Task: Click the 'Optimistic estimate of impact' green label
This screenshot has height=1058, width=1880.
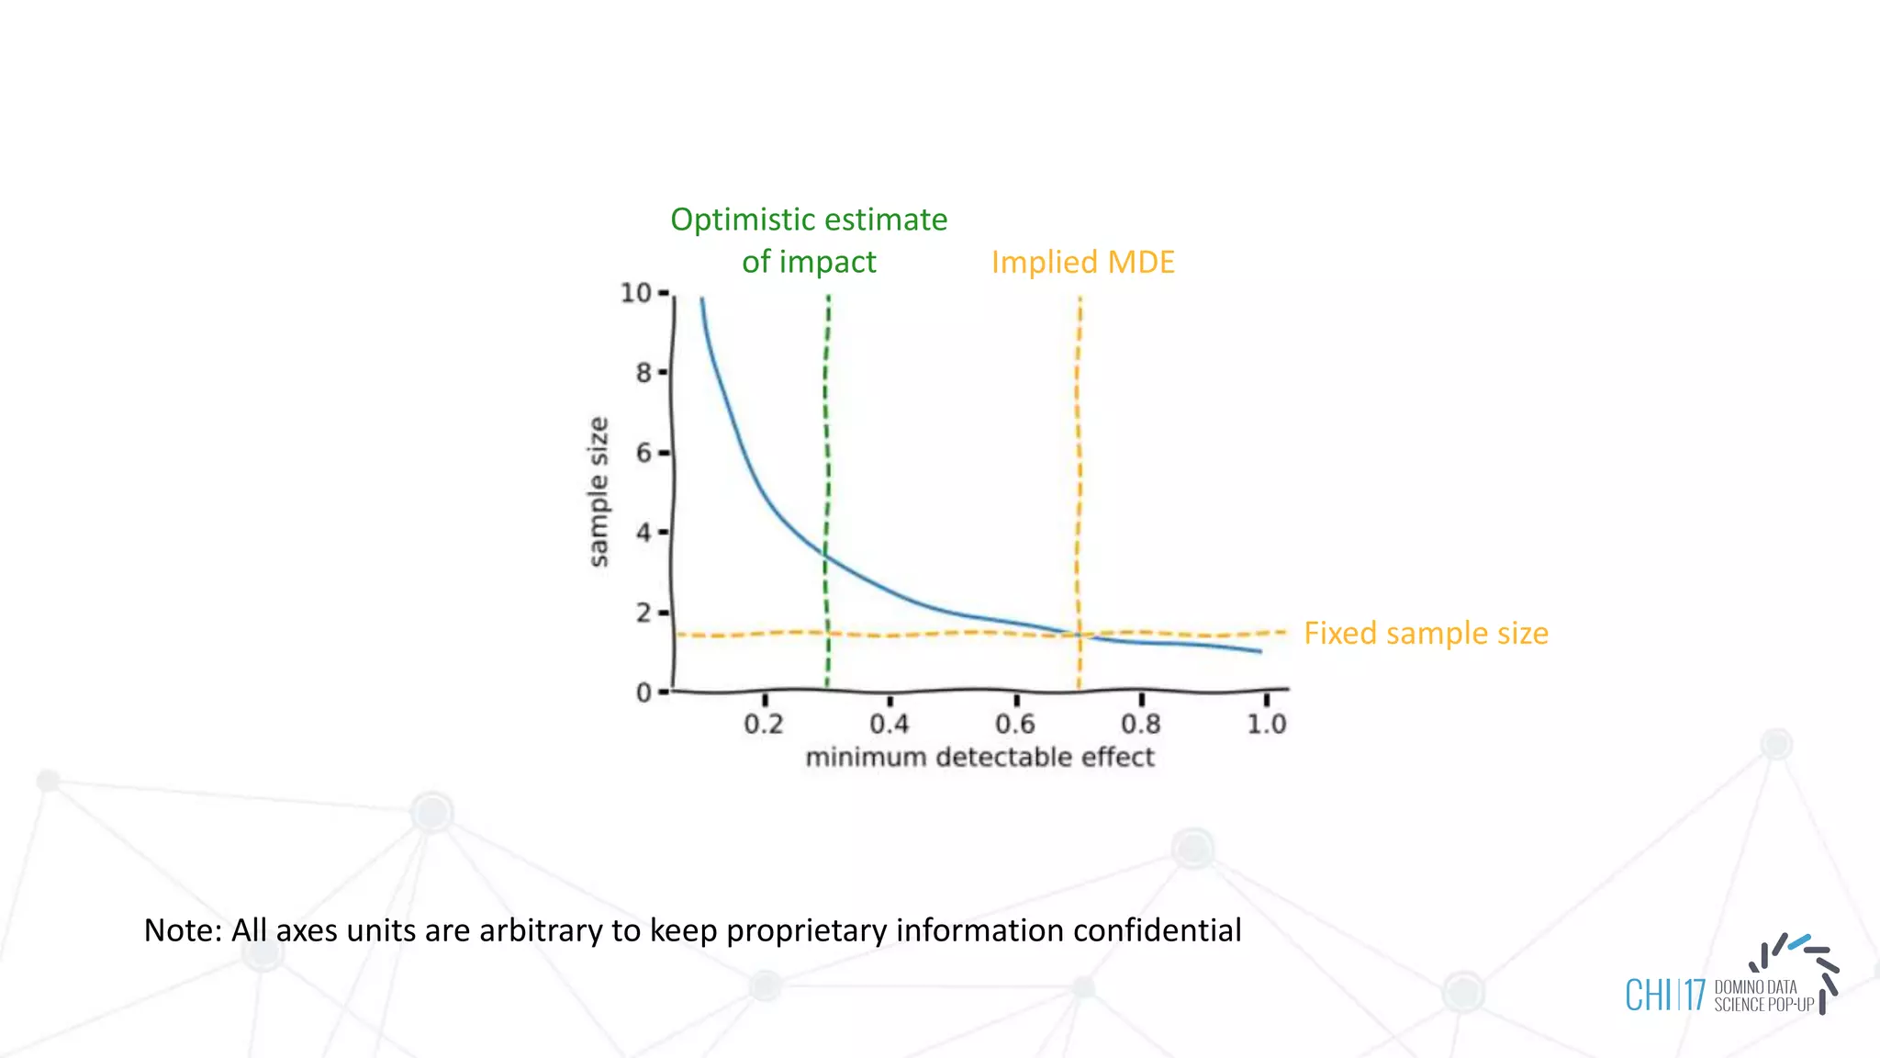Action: click(809, 240)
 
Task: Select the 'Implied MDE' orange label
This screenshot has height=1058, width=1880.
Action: click(1082, 263)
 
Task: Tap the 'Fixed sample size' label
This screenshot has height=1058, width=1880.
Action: click(1426, 634)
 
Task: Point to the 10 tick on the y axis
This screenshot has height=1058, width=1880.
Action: click(635, 293)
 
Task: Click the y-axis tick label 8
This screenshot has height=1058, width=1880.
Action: click(643, 373)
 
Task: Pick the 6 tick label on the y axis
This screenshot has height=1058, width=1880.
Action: click(643, 453)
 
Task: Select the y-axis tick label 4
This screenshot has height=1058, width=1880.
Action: click(643, 533)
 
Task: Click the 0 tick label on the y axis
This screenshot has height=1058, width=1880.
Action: click(643, 692)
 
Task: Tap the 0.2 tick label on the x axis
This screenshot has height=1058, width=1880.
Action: click(764, 725)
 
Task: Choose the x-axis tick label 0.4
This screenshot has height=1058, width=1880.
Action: click(890, 725)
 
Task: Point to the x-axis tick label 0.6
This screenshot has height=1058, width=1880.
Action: click(1015, 725)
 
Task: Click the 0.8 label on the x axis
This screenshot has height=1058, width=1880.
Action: click(1141, 725)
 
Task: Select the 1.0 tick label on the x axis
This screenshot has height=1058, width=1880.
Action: click(1267, 725)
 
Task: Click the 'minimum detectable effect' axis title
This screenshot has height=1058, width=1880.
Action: click(979, 758)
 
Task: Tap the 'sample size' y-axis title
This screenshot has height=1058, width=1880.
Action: click(599, 492)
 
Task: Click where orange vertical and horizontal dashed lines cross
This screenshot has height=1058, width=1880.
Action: click(1079, 635)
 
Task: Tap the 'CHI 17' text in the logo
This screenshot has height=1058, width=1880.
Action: click(1665, 996)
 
